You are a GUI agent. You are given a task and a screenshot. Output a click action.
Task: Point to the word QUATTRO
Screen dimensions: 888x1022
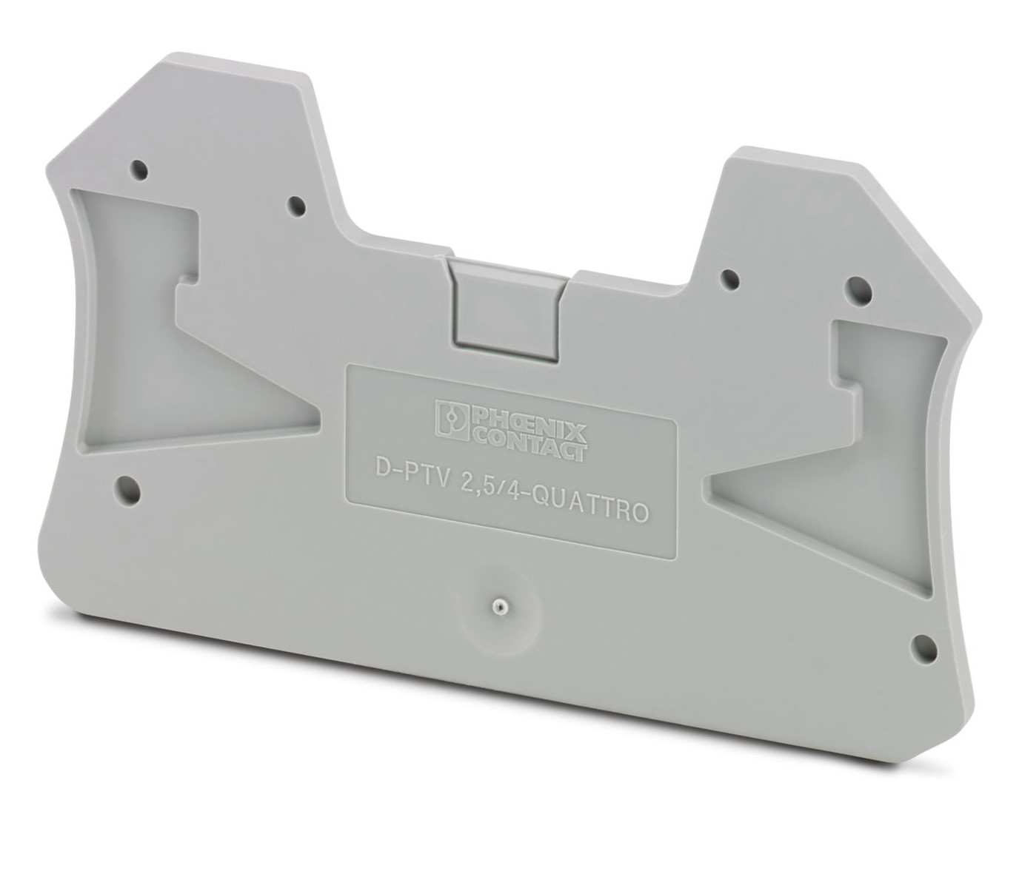click(x=598, y=507)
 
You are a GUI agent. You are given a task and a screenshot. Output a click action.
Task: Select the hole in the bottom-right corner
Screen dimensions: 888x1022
click(x=923, y=644)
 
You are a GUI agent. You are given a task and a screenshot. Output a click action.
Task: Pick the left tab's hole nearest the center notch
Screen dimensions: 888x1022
click(x=295, y=206)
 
